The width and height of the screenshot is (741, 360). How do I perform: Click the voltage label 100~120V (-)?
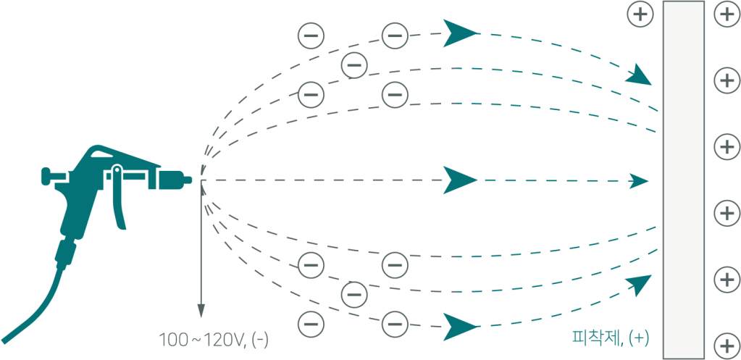click(217, 339)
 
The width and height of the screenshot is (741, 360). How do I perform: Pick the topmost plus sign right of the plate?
click(727, 15)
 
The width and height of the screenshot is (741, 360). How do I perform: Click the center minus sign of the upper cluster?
click(353, 65)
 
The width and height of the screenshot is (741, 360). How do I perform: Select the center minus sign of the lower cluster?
click(353, 294)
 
